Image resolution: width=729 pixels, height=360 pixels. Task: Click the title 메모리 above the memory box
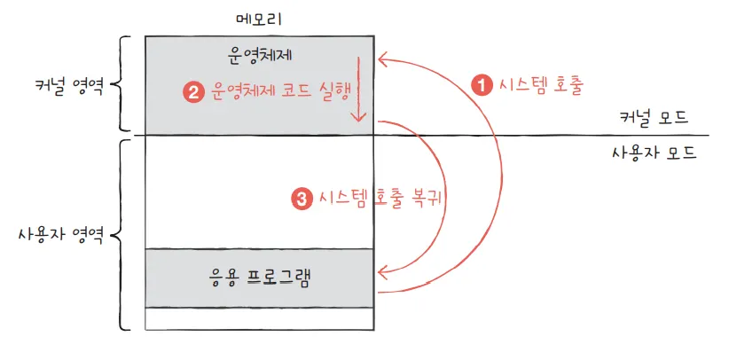[259, 18]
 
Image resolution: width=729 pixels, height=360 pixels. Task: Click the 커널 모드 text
[655, 117]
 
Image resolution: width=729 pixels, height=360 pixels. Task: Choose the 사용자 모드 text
[654, 152]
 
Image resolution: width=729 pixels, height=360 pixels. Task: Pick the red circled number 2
[192, 90]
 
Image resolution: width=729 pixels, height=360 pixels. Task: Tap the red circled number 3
[302, 200]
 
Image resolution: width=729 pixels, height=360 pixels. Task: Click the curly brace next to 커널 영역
[124, 84]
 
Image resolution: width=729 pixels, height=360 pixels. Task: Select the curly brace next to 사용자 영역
[123, 233]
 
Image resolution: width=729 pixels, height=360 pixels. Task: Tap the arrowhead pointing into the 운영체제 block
[383, 60]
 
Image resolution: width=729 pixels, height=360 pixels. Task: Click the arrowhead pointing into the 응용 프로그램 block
[383, 271]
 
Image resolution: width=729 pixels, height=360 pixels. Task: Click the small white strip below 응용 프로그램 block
[259, 317]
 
